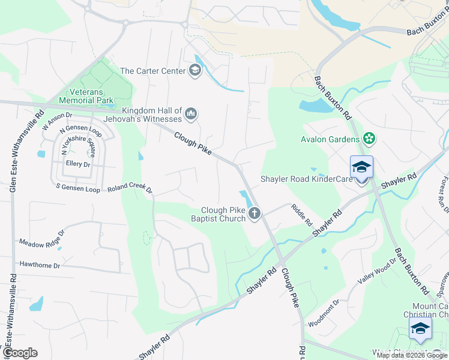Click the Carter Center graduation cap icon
coord(194,71)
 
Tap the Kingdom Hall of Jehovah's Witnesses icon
coord(191,113)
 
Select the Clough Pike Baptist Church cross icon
coord(255,213)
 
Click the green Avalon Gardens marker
coord(369,140)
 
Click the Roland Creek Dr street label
coord(130,188)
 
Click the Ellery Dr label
coord(78,164)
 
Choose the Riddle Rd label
coord(302,215)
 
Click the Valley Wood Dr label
coord(378,270)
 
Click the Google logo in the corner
coord(20,353)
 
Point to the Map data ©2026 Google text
coord(412,355)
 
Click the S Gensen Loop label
coord(78,188)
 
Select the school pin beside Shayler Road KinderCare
coord(361,168)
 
